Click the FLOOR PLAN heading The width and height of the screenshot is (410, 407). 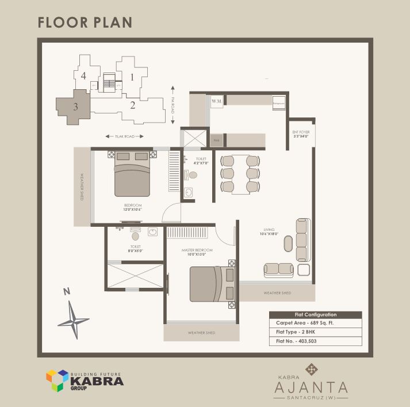[x=85, y=22]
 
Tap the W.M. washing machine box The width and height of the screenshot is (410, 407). [x=217, y=101]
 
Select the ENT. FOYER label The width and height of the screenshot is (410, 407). [x=301, y=134]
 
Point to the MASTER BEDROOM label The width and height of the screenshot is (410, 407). [x=197, y=252]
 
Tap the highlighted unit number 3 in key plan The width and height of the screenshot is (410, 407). [x=75, y=106]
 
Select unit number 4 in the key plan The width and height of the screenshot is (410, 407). [x=83, y=75]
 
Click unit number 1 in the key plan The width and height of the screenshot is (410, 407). [x=132, y=76]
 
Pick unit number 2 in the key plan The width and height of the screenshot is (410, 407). [x=132, y=105]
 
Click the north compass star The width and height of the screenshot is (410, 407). [x=74, y=319]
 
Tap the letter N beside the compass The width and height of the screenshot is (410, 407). [x=67, y=292]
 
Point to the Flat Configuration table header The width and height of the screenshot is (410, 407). [x=315, y=314]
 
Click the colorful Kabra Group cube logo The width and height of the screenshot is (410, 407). [x=57, y=380]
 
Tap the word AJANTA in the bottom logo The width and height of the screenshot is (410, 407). [x=311, y=386]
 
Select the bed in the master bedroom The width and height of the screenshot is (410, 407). [x=206, y=284]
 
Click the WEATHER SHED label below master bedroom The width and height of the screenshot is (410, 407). [x=201, y=333]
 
